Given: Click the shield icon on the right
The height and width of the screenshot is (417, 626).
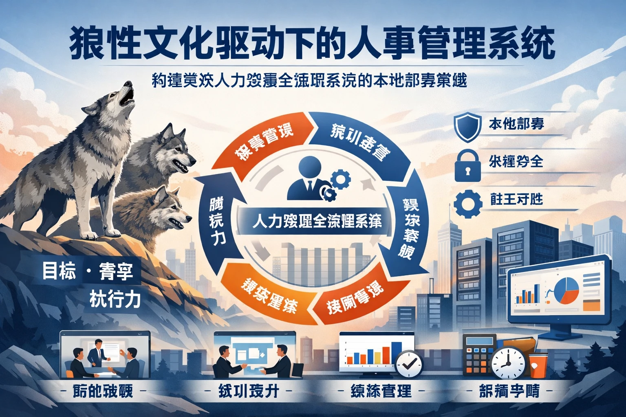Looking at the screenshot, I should pos(467,126).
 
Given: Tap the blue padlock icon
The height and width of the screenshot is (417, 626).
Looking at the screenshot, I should pos(467,165).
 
